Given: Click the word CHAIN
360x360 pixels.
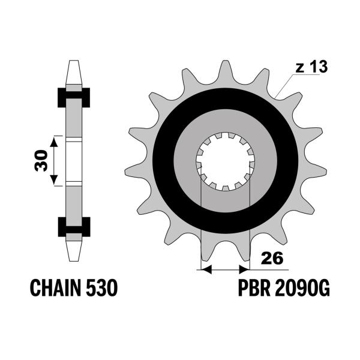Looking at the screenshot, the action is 56,288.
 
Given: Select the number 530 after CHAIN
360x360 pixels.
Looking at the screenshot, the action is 102,288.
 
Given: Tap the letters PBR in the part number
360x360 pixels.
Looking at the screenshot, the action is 254,288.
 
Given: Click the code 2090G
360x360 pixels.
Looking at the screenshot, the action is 302,288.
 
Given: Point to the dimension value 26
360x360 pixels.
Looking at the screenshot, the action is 272,258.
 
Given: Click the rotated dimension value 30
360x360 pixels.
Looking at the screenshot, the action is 41,161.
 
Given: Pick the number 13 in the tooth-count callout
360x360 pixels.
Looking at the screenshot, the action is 318,67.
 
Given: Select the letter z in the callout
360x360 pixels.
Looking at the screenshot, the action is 300,68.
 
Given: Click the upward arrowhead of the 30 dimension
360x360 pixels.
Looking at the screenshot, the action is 54,142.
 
